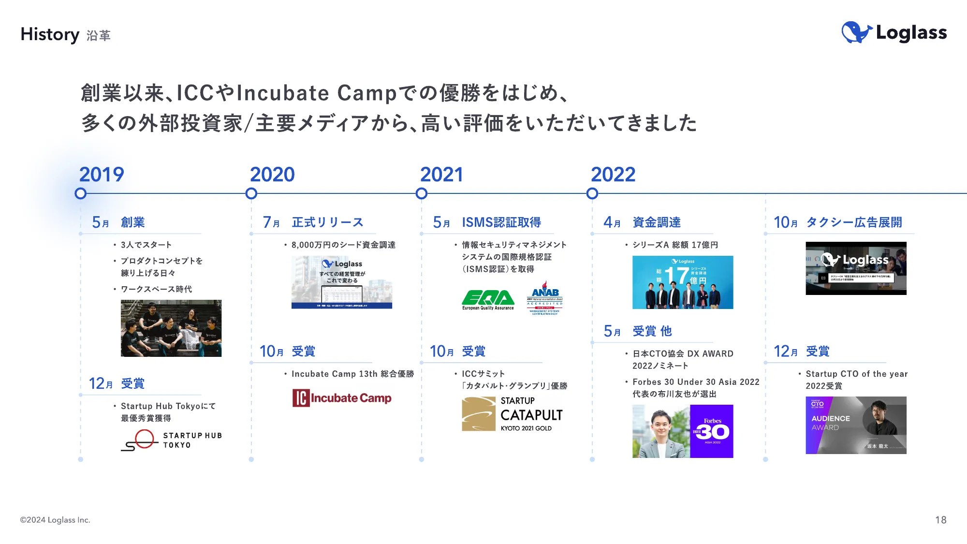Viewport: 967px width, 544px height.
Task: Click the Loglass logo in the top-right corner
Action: (x=894, y=33)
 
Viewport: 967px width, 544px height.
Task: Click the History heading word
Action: (x=50, y=34)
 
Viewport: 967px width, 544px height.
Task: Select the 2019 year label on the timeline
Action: (x=102, y=175)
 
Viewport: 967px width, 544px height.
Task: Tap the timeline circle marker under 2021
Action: (x=422, y=194)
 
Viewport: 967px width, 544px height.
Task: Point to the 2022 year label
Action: (x=613, y=175)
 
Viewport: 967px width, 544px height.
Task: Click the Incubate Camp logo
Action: (x=342, y=398)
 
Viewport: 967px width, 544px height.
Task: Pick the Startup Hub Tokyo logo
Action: (x=171, y=440)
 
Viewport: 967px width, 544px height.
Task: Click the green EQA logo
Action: (x=488, y=300)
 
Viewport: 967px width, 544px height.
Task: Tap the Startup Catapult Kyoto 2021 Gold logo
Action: (x=513, y=414)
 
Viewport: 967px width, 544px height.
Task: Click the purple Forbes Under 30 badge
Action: (x=711, y=431)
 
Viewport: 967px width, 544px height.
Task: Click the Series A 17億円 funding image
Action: (x=683, y=282)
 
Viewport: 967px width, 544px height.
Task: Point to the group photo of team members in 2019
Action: (x=171, y=328)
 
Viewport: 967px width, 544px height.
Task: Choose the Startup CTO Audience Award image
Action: (x=856, y=425)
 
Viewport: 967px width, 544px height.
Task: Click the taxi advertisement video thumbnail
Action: (x=856, y=268)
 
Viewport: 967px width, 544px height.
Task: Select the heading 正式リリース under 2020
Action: (x=327, y=222)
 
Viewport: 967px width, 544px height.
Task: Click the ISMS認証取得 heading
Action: (x=501, y=222)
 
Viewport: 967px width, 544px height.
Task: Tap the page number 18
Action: (x=940, y=520)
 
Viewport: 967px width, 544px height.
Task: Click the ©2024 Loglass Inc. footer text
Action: (x=55, y=520)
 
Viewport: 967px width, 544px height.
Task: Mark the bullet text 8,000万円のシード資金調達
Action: (x=343, y=245)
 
